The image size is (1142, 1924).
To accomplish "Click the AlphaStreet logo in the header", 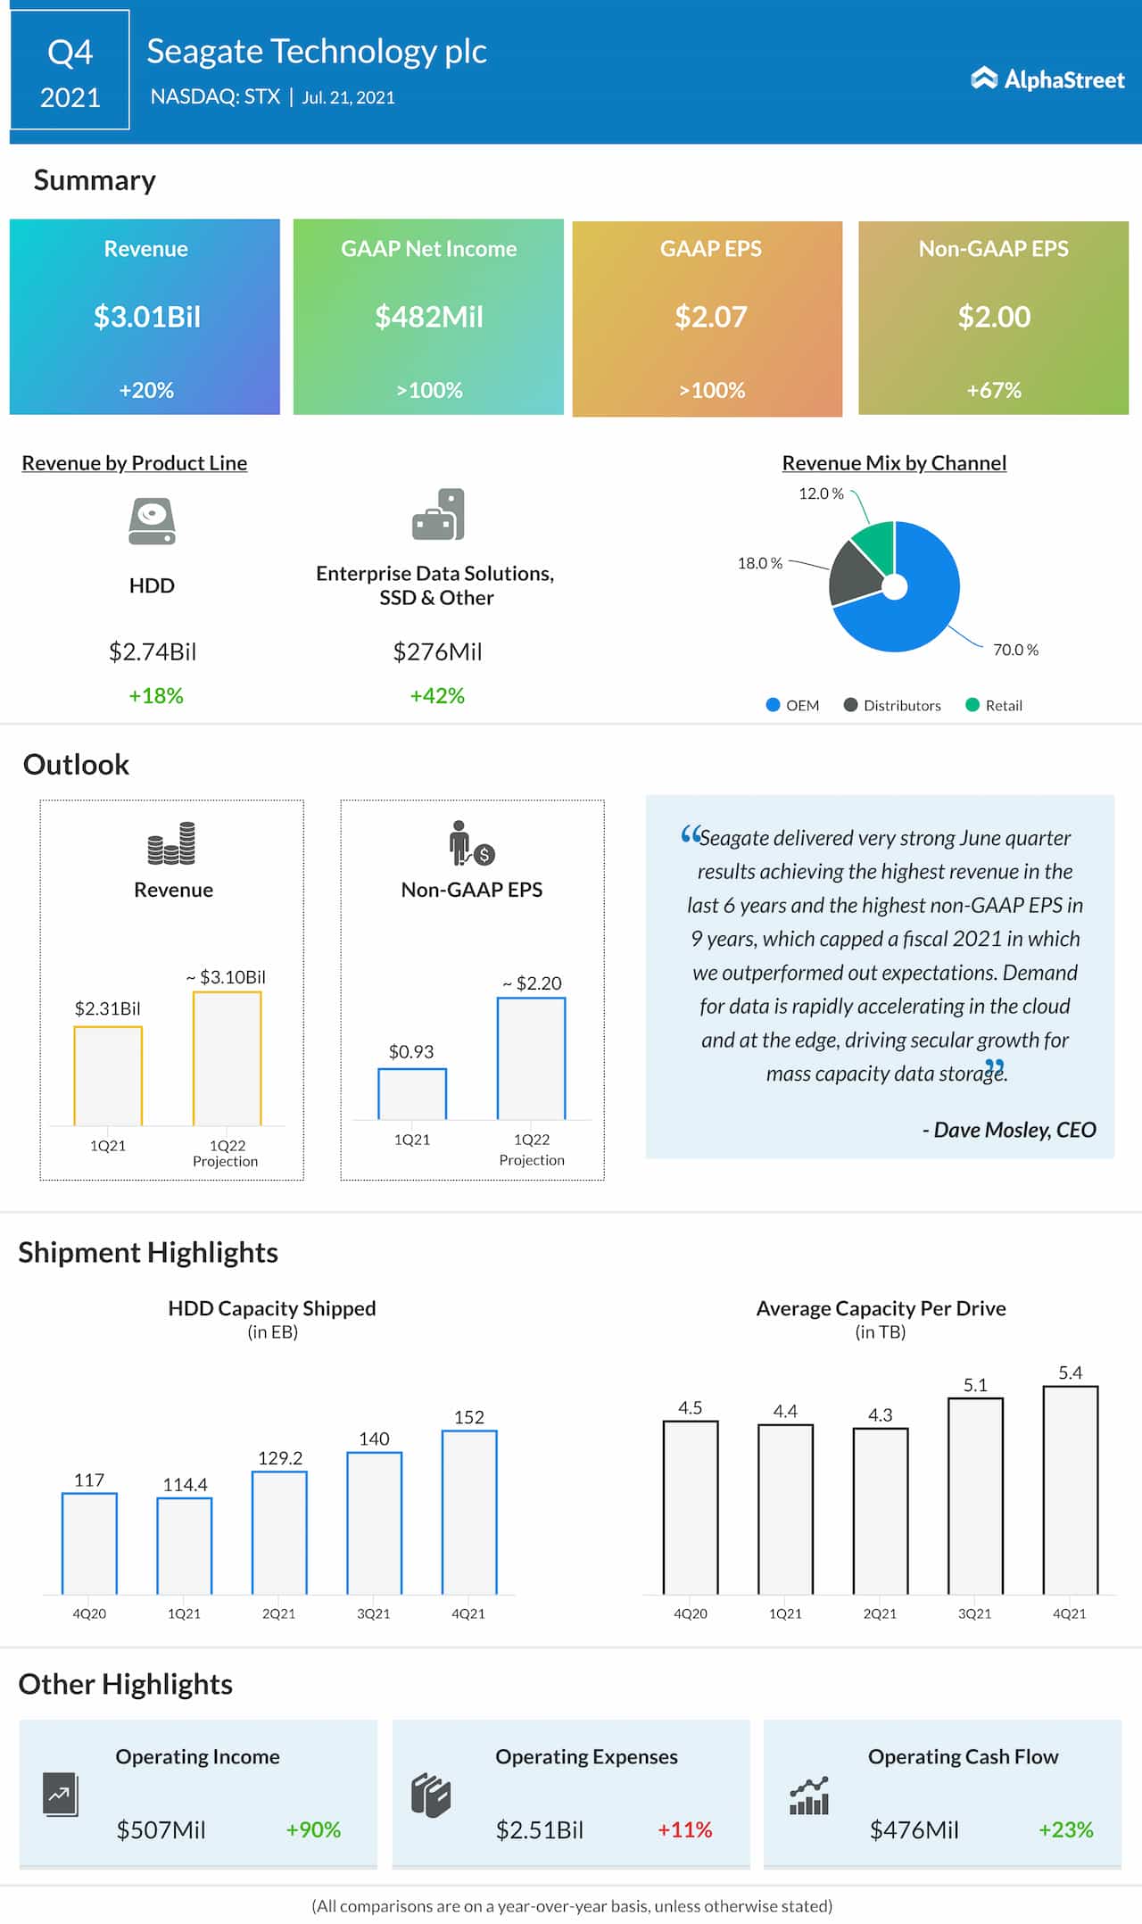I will [1047, 79].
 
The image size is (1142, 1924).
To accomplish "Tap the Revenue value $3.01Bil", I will [147, 317].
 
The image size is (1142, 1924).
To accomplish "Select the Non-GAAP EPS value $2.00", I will [994, 317].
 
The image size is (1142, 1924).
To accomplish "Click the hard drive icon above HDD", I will [152, 521].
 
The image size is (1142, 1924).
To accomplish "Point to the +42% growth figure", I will [437, 696].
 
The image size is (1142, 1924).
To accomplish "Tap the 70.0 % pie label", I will [1015, 650].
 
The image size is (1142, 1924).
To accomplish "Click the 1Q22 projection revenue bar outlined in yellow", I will [228, 1058].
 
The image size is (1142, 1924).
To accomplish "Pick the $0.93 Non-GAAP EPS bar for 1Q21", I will [412, 1093].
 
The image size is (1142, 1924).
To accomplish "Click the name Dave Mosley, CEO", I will [1009, 1130].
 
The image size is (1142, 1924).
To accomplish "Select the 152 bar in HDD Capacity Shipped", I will [469, 1512].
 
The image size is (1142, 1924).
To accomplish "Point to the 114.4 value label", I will [185, 1485].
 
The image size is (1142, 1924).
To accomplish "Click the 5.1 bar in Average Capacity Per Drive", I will [975, 1496].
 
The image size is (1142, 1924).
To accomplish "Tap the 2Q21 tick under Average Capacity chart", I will [880, 1613].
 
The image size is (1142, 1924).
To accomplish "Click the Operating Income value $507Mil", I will [161, 1829].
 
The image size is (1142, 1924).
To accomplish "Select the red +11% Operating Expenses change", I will [684, 1829].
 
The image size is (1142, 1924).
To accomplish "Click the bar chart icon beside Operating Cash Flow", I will [809, 1795].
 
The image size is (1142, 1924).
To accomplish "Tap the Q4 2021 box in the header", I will [70, 71].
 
